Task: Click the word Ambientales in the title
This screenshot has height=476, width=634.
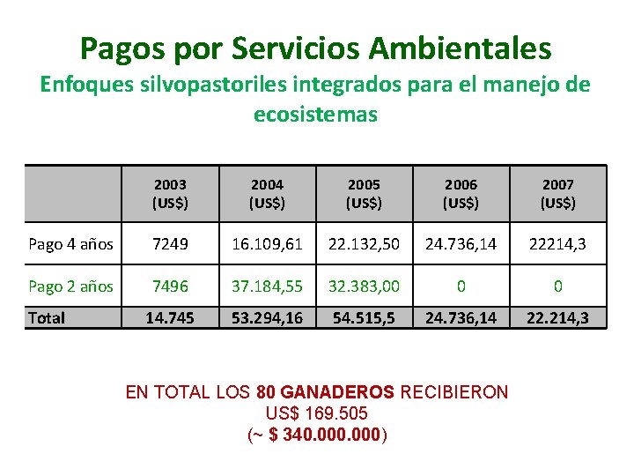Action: click(460, 48)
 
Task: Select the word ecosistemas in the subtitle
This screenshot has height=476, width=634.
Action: click(315, 114)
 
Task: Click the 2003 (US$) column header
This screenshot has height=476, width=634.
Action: click(170, 193)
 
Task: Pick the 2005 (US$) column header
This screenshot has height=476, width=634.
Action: click(364, 193)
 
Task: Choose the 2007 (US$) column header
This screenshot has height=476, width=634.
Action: click(558, 193)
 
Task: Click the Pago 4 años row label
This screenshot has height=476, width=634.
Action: click(70, 244)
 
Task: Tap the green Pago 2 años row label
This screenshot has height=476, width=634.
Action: click(70, 286)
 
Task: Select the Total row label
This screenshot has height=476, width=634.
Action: click(47, 317)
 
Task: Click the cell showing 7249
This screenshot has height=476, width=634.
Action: click(170, 244)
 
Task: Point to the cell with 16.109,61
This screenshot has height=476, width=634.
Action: click(267, 244)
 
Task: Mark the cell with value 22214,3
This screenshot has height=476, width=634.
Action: click(557, 244)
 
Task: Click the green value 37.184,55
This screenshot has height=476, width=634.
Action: click(267, 286)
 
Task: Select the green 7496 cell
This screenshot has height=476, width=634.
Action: click(170, 286)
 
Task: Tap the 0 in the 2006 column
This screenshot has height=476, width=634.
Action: click(461, 286)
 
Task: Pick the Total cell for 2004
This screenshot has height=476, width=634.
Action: click(267, 318)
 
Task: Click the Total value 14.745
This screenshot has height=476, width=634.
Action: click(170, 318)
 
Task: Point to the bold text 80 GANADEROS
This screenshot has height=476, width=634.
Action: click(325, 392)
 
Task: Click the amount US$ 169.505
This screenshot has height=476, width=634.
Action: click(317, 413)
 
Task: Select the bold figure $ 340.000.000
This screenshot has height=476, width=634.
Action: click(325, 435)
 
